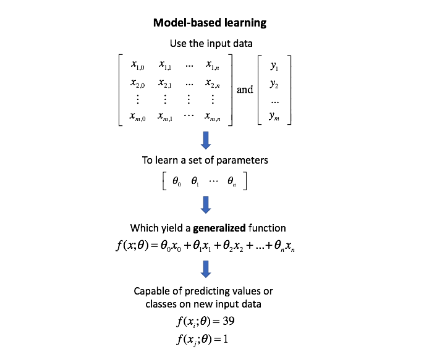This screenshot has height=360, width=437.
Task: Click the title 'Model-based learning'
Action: click(x=210, y=23)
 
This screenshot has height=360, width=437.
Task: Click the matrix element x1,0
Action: click(x=138, y=64)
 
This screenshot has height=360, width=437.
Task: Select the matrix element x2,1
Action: click(x=166, y=82)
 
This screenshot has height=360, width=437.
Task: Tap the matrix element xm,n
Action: click(x=213, y=116)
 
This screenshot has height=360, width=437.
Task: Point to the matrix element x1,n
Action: click(x=213, y=64)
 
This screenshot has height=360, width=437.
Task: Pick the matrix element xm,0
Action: click(x=138, y=116)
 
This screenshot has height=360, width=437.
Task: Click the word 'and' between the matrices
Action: click(x=245, y=90)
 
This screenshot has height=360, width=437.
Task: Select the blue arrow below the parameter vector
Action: click(x=206, y=204)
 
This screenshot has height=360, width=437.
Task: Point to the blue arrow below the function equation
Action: click(x=206, y=267)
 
